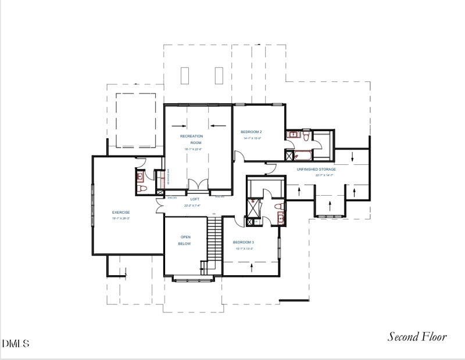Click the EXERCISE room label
click(121, 213)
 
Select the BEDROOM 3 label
click(244, 242)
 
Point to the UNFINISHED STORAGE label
click(316, 170)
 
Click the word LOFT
click(195, 199)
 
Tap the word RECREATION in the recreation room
click(191, 136)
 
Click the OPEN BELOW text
click(185, 240)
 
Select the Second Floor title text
click(417, 337)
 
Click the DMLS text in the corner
click(15, 343)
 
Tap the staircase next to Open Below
click(213, 244)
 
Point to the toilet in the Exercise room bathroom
click(140, 189)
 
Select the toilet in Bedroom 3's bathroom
click(277, 207)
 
